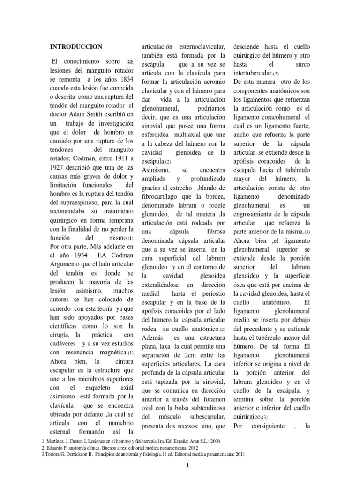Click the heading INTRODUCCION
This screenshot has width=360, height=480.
[75, 47]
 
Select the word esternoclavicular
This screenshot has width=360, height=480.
[200, 47]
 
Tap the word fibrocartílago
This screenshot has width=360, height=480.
[163, 197]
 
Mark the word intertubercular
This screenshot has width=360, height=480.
[252, 74]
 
